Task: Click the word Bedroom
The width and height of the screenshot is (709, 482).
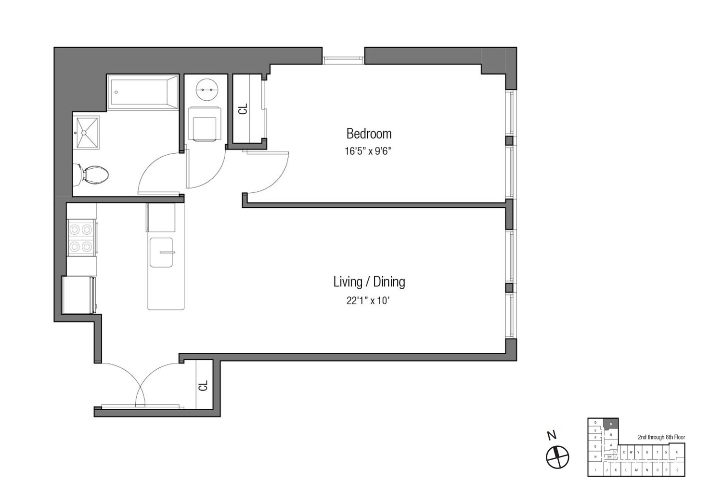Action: click(x=369, y=134)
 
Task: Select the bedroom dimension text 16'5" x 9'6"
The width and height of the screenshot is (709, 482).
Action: click(x=368, y=151)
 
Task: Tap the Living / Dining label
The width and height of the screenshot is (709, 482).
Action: click(x=369, y=282)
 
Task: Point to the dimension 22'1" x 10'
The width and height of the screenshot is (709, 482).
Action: click(x=368, y=301)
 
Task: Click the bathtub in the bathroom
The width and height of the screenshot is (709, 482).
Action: click(x=143, y=92)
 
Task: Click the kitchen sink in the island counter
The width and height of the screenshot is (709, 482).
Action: click(x=161, y=252)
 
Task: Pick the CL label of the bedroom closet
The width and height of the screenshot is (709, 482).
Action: click(x=243, y=109)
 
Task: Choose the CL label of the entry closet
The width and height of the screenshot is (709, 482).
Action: click(x=203, y=386)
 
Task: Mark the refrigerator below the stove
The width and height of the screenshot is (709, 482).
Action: click(x=79, y=295)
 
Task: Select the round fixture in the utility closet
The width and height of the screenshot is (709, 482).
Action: click(x=207, y=90)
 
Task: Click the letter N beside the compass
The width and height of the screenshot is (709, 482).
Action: click(x=552, y=436)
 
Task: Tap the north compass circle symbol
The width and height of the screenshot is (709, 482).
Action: click(x=557, y=457)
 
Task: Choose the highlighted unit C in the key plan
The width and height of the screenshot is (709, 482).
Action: click(x=611, y=424)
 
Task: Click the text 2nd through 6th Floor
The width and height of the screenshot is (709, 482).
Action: click(x=661, y=437)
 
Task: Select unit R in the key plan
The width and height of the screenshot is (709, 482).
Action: click(x=677, y=452)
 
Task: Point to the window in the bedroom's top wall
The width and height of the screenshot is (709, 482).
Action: click(x=343, y=60)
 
